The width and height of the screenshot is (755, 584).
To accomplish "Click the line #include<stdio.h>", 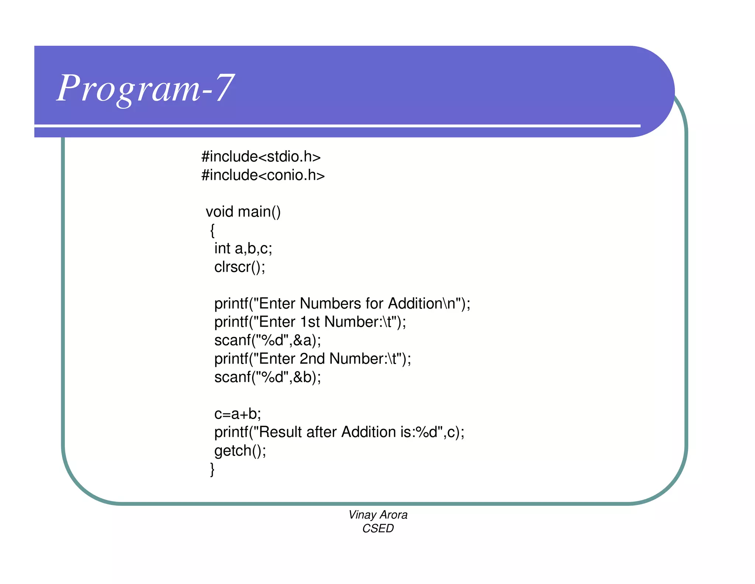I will [x=261, y=157].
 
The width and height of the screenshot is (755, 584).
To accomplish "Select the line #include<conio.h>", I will [x=263, y=175].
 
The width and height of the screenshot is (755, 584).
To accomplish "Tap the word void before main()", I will [x=219, y=212].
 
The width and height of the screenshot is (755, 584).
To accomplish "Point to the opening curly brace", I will [x=212, y=230].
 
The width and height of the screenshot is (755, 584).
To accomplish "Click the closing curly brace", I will [x=212, y=469].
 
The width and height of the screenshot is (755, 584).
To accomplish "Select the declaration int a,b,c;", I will [x=243, y=248].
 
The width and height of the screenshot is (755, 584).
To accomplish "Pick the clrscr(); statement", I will [x=240, y=267].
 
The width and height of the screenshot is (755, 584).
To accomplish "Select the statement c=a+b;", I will [x=237, y=414].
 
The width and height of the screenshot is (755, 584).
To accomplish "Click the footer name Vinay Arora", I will [x=378, y=515].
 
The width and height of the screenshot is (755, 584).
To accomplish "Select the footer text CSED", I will [x=378, y=529].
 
